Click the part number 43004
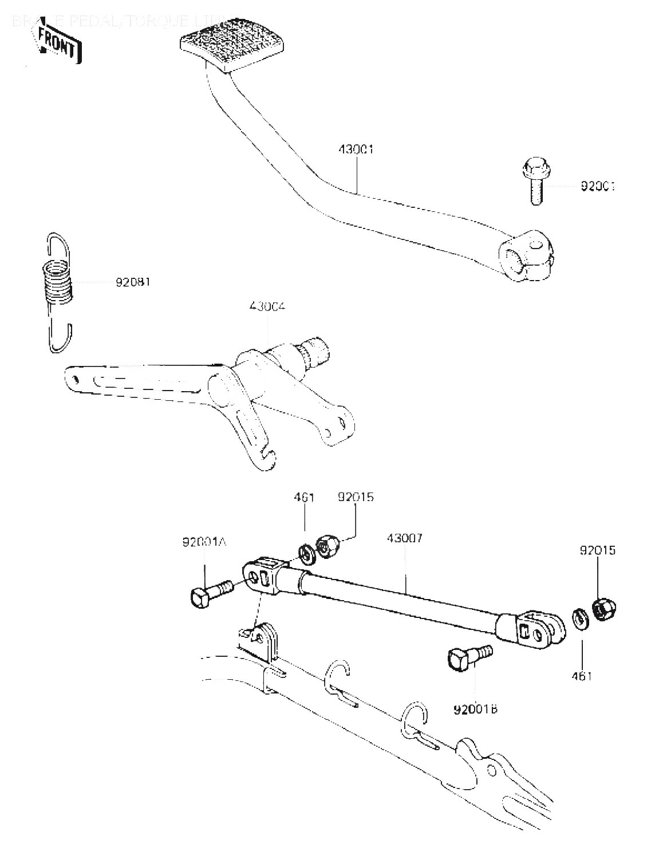267,307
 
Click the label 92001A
204,542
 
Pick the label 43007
405,538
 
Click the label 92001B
475,709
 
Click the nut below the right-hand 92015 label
601,609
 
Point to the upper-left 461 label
304,497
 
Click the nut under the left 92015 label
327,547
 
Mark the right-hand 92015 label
598,550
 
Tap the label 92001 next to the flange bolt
598,186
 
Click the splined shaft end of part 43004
315,352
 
